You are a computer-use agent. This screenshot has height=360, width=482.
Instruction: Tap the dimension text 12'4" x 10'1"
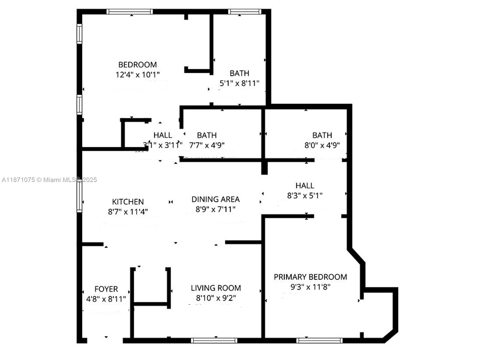click(x=137, y=75)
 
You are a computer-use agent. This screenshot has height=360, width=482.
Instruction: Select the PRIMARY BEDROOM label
click(x=310, y=277)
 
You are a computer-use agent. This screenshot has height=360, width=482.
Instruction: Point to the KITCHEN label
click(x=128, y=202)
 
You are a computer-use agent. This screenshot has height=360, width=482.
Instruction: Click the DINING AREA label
click(x=215, y=199)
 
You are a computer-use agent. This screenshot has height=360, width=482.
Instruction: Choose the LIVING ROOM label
click(x=216, y=288)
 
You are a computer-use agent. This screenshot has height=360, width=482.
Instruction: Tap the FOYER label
click(x=106, y=289)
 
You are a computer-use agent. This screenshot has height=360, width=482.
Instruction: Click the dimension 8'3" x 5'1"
click(x=305, y=196)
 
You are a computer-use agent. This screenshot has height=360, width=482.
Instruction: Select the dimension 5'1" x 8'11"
click(x=239, y=83)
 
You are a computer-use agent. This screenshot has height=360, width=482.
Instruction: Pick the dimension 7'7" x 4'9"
click(x=207, y=145)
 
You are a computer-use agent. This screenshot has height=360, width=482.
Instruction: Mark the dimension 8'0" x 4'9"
click(x=322, y=145)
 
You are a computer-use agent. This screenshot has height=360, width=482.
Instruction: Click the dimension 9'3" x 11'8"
click(x=306, y=287)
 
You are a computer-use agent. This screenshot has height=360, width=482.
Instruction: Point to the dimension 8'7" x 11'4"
click(x=128, y=212)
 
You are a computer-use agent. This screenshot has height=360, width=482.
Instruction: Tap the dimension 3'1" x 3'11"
click(x=163, y=145)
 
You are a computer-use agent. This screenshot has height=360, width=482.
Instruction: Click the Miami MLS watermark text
click(x=49, y=180)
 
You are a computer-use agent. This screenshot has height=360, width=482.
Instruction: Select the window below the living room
click(x=214, y=340)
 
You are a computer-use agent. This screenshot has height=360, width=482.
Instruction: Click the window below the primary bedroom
click(x=319, y=340)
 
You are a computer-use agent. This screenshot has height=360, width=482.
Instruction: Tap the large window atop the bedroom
click(x=130, y=12)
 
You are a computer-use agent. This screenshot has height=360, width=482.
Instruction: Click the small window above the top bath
click(x=244, y=12)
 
